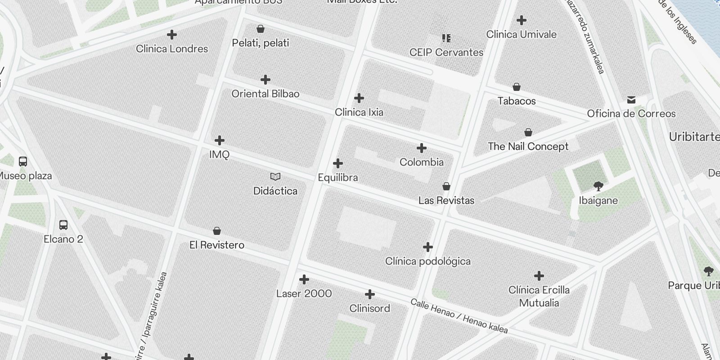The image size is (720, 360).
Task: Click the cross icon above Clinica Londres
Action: [171, 35]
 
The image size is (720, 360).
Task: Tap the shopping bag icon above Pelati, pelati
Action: [260, 29]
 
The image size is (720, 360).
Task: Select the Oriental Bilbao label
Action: [265, 94]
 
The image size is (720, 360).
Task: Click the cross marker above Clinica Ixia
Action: [359, 98]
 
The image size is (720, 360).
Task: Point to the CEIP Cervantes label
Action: [446, 52]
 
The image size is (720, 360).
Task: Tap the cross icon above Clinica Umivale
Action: [522, 20]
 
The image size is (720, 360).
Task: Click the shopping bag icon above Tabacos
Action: [517, 87]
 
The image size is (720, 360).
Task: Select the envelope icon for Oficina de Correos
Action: [631, 100]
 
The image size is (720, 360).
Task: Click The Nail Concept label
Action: [528, 146]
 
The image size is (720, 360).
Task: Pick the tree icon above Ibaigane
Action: [598, 186]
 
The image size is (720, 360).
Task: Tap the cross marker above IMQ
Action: [220, 140]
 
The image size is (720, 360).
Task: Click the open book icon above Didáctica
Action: [275, 176]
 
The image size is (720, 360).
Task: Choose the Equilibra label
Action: [337, 177]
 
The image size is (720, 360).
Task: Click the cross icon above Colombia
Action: [422, 148]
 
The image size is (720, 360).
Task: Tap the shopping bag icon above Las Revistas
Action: [446, 186]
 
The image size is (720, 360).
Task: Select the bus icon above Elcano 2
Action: [63, 225]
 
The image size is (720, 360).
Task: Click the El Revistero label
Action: [216, 245]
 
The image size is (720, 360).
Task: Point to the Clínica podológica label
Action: [427, 261]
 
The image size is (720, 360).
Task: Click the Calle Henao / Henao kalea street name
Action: [459, 316]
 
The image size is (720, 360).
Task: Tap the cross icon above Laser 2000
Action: [304, 280]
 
